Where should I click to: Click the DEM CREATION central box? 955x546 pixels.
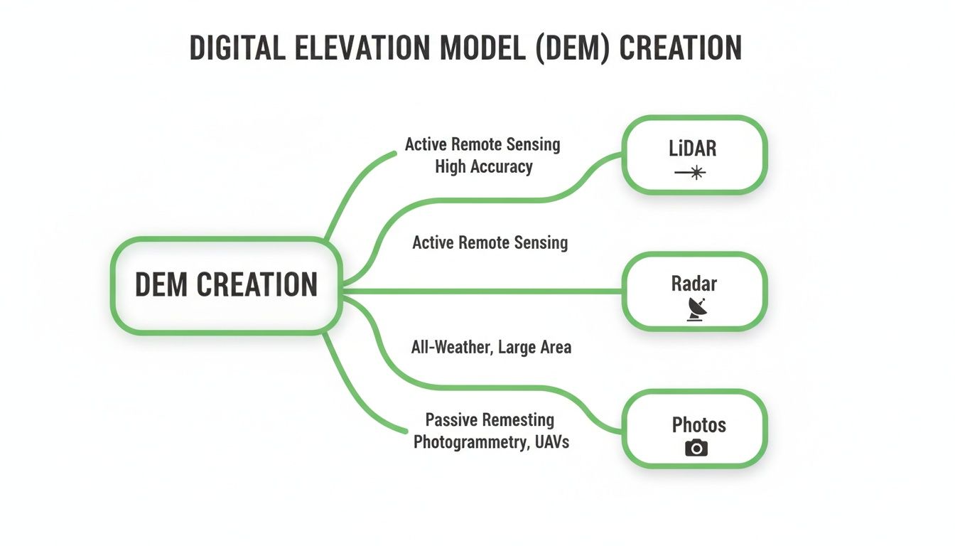coord(226,285)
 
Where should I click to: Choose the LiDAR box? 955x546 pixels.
coord(694,154)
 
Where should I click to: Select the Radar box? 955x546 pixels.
coord(694,291)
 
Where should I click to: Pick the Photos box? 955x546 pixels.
coord(694,428)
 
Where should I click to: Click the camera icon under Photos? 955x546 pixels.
coord(696,447)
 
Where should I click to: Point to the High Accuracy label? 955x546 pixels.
coord(484,166)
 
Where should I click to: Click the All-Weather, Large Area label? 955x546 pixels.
coord(491,348)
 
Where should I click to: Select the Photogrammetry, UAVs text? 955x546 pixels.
coord(491,441)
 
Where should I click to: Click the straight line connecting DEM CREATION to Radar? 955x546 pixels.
coord(483,291)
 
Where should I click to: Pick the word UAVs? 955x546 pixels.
coord(551,441)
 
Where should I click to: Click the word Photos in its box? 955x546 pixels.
coord(698,425)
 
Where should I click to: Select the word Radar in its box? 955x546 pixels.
coord(694,283)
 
